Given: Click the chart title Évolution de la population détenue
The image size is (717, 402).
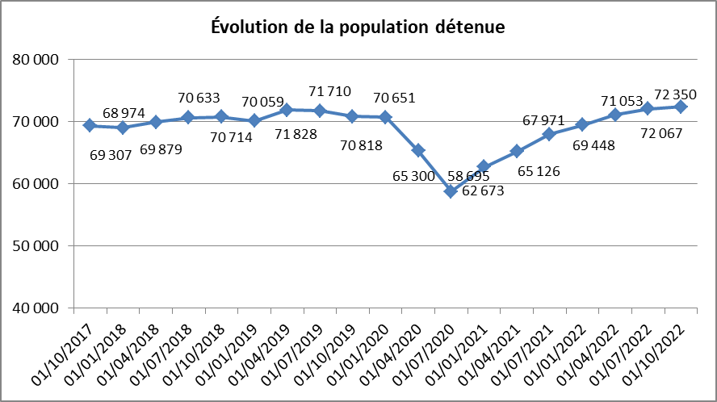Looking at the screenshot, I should click(358, 27).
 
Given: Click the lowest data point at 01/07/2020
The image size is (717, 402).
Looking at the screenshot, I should click(451, 191).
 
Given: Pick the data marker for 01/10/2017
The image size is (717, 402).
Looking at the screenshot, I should click(90, 125).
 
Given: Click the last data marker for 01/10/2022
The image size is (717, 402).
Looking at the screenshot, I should click(681, 107).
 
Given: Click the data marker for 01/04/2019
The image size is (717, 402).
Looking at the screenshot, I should click(287, 110).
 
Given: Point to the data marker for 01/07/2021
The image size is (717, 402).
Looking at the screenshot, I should click(549, 134).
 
